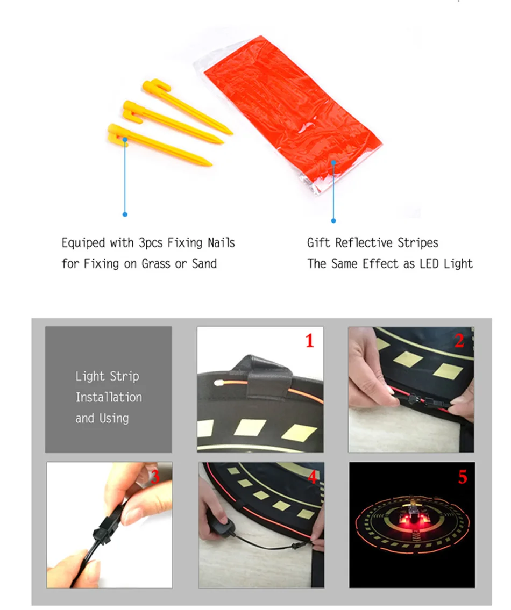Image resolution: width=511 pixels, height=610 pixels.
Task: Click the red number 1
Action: pos(310,341)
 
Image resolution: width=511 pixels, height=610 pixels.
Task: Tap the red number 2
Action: pos(459,341)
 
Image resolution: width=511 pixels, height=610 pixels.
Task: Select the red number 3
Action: pos(155,476)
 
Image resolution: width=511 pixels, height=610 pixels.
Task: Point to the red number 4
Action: pos(313,477)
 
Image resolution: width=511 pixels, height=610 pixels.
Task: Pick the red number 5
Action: pos(462,477)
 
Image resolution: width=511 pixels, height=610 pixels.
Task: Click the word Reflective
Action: pos(364,243)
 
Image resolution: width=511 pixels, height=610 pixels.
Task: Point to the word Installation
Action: pos(109,397)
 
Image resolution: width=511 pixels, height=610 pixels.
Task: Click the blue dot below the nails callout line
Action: pos(125,214)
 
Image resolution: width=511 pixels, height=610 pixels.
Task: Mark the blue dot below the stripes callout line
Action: pos(333,220)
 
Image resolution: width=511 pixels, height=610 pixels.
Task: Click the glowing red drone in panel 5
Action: pos(411,514)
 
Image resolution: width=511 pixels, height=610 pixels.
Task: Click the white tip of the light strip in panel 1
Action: pos(217,383)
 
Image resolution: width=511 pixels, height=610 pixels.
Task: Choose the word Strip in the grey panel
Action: pos(124,376)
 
